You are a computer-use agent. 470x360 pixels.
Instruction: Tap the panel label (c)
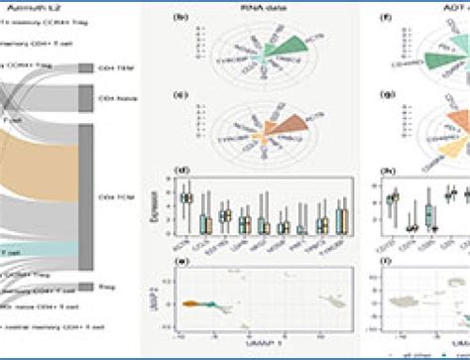(x=179, y=97)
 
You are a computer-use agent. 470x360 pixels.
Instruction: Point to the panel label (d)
(x=179, y=176)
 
